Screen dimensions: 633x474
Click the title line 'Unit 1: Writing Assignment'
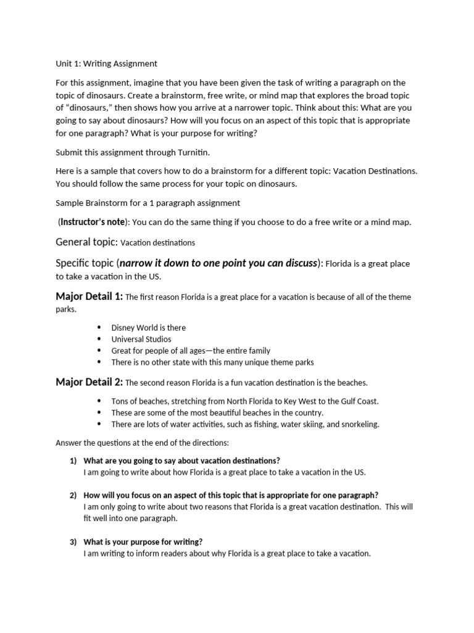point(106,64)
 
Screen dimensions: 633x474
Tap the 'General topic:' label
point(86,242)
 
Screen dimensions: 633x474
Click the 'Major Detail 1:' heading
point(89,297)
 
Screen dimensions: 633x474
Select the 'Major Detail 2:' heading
point(89,382)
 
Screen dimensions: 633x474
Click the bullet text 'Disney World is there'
point(148,328)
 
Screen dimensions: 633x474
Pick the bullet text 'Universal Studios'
point(141,339)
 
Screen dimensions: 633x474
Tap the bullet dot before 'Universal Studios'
point(100,339)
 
